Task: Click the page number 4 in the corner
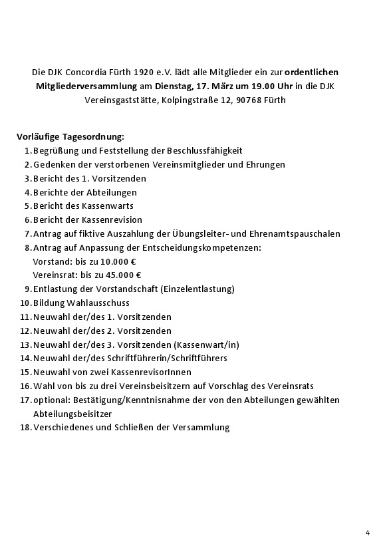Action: [x=368, y=531]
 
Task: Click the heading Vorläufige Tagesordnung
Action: [x=70, y=137]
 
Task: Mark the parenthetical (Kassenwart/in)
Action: [x=206, y=344]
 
